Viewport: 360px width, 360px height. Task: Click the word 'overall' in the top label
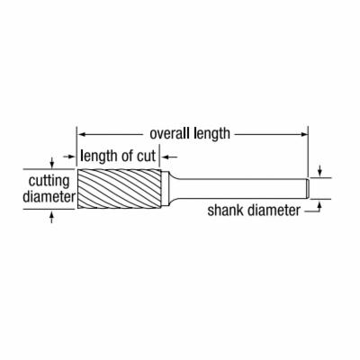[x=170, y=133]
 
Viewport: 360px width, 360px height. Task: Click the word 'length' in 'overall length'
[x=211, y=133]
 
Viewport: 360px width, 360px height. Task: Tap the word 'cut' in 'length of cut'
[x=146, y=157]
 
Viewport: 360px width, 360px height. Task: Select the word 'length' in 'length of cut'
[x=98, y=157]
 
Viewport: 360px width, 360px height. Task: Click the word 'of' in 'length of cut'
[x=127, y=156]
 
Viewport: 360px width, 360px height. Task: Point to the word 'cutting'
[x=49, y=181]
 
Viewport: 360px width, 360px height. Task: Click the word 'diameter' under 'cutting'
[x=49, y=197]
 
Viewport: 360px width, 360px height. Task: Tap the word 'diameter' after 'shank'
[x=274, y=211]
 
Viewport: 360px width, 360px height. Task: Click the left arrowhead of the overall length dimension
[x=81, y=134]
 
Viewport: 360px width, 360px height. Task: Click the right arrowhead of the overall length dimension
[x=305, y=134]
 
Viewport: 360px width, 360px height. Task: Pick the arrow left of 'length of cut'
[x=69, y=157]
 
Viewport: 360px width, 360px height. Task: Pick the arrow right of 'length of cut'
[x=170, y=157]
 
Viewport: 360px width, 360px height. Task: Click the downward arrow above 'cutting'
[x=52, y=162]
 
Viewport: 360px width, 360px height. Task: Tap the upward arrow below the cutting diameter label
[x=52, y=217]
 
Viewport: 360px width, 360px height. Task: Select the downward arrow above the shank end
[x=319, y=171]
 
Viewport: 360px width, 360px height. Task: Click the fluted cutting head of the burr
[x=119, y=189]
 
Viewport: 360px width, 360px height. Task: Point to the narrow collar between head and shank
[x=165, y=189]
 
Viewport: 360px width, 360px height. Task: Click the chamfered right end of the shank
[x=308, y=188]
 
